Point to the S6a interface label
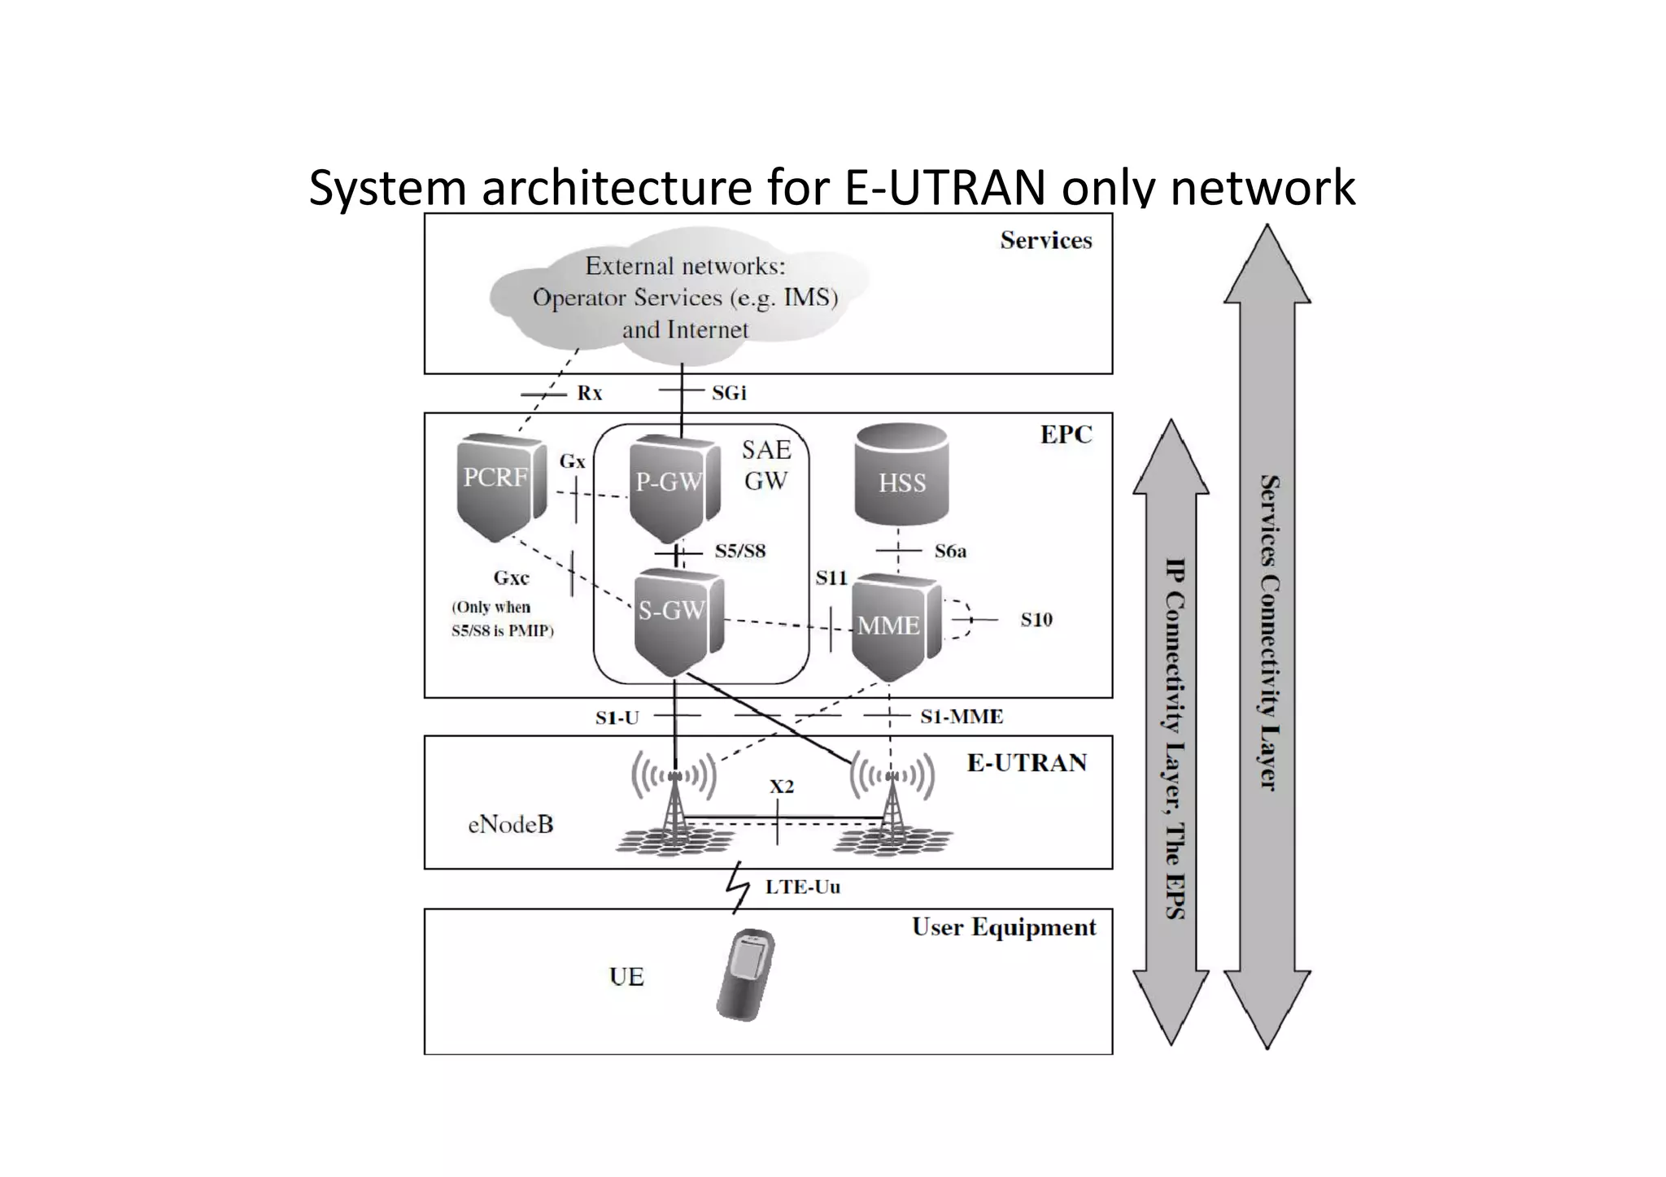pos(950,551)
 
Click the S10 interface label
pos(1036,620)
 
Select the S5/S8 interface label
pos(739,551)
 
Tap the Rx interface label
pos(589,393)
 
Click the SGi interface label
pos(728,393)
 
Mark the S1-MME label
pos(961,717)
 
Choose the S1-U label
pos(617,717)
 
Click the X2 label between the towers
pos(781,787)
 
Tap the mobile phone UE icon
pos(746,974)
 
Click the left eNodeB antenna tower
pos(674,805)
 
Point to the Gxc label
pos(511,578)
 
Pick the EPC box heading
pos(1065,434)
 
